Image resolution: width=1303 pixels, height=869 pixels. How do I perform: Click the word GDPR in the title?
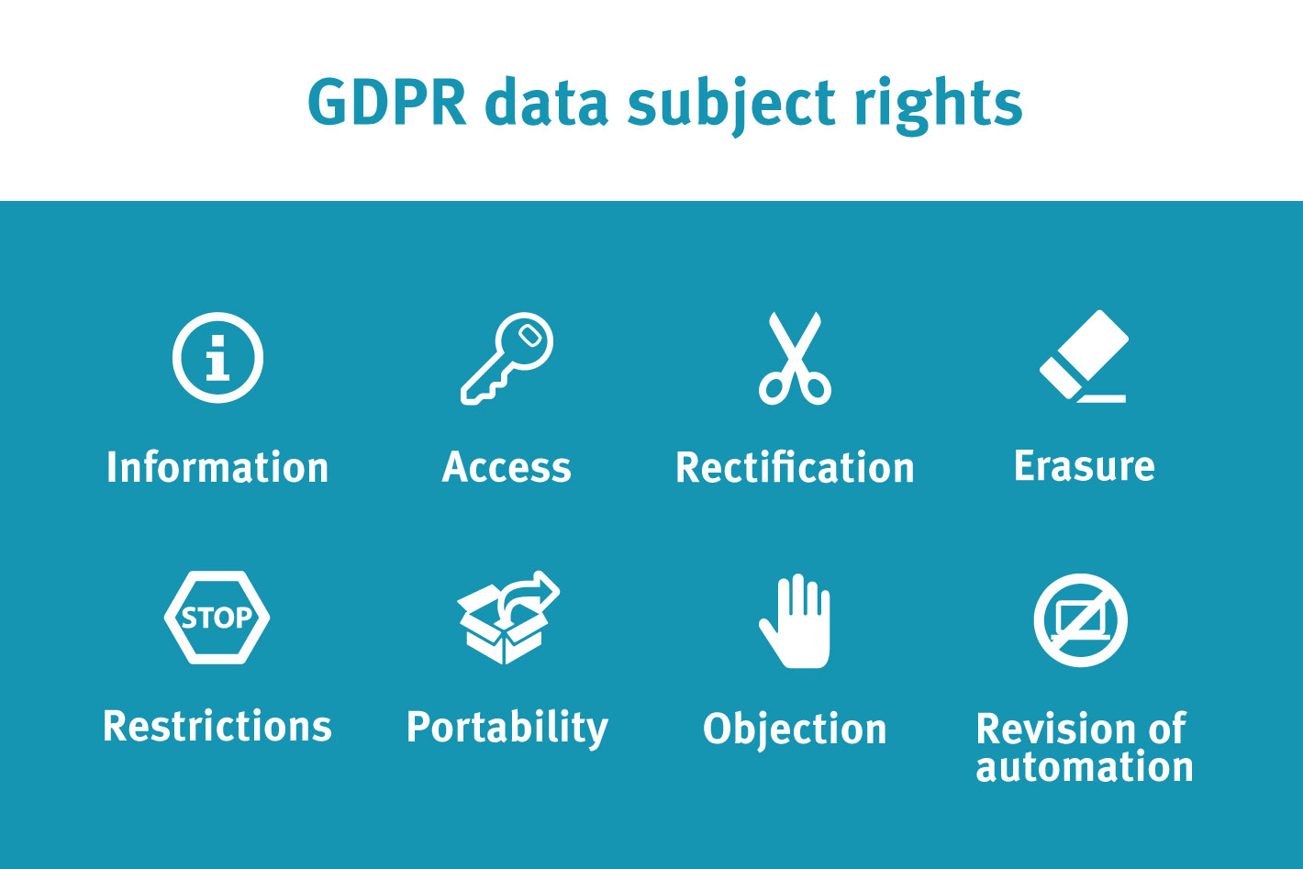click(x=387, y=103)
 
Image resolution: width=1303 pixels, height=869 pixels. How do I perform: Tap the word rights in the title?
click(x=939, y=106)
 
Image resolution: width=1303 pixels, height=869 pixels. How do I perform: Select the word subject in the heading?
click(x=731, y=106)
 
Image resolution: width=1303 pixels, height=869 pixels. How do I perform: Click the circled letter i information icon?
click(x=217, y=357)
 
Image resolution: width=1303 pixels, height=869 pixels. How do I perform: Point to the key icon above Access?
click(x=507, y=358)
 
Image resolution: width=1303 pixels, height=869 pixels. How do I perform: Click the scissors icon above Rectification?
click(x=795, y=358)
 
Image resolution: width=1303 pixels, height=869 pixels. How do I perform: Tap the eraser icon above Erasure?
click(x=1085, y=355)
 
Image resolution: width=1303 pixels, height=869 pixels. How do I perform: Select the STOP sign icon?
click(x=217, y=618)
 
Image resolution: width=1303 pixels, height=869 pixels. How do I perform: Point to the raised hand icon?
click(x=795, y=620)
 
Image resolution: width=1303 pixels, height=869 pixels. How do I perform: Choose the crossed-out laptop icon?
click(x=1081, y=620)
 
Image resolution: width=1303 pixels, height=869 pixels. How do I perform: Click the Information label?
click(x=217, y=467)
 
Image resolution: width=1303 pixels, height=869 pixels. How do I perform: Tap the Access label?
click(x=507, y=467)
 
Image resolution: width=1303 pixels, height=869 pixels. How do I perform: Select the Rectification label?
click(x=795, y=467)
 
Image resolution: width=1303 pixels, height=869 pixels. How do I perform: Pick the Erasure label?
click(x=1085, y=466)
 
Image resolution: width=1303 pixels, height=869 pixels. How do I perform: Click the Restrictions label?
click(x=217, y=726)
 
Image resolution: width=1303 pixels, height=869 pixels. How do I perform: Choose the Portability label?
click(x=507, y=729)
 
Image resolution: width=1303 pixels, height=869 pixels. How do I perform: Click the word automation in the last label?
click(x=1085, y=766)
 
